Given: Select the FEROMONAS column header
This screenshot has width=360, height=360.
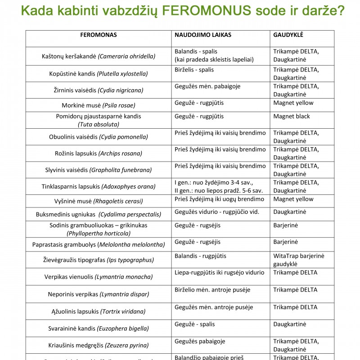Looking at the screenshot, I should coord(99,35).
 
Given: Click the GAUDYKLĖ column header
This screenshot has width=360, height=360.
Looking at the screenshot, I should coord(288,35).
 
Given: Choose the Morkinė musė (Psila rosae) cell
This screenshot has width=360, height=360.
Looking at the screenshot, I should coord(99,106).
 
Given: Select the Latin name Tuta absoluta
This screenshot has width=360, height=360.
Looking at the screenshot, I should coord(99,124).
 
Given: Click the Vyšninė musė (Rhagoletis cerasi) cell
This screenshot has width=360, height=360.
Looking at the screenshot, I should coord(99,201).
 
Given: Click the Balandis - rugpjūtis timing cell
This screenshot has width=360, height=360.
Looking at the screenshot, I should coord(200,256).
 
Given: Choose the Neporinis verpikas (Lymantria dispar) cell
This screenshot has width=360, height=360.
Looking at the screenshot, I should coord(99,294).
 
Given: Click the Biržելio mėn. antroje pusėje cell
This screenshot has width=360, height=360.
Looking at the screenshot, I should coord(212,290).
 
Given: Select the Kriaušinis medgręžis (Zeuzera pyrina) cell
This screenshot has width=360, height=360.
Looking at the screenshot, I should coord(99,346).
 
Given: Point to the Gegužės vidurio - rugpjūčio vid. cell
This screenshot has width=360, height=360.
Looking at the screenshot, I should coord(217,211).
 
